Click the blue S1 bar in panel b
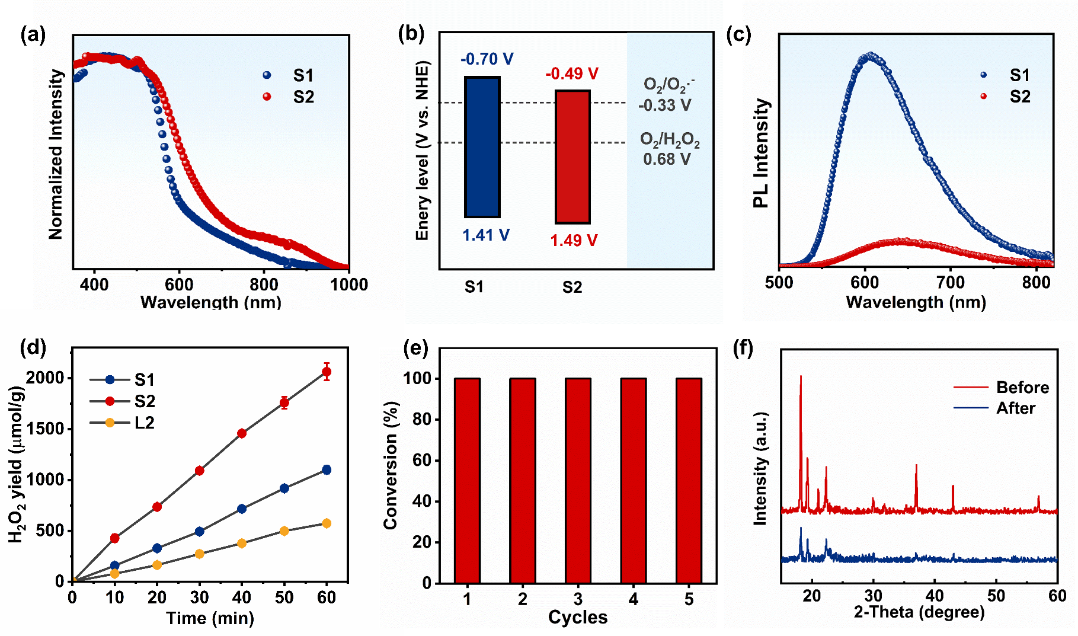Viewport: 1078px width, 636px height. (482, 147)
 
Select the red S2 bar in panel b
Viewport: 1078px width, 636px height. (572, 157)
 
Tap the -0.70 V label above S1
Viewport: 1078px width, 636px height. (487, 59)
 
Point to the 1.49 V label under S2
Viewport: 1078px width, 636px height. (574, 241)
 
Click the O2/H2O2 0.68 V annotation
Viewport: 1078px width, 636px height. (669, 149)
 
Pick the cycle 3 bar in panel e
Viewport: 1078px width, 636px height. (578, 480)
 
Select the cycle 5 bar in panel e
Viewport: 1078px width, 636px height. (689, 480)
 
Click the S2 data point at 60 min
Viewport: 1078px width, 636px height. (327, 372)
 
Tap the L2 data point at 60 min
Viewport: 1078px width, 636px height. (327, 523)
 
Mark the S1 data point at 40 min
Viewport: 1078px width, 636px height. (242, 509)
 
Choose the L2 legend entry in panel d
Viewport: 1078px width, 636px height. (123, 423)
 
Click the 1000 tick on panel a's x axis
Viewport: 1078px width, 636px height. (349, 285)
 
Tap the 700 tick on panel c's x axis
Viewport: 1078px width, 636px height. (951, 283)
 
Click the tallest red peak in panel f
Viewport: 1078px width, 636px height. (801, 377)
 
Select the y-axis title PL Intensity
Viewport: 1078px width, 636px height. (761, 153)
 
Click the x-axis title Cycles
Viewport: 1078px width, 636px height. (578, 618)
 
